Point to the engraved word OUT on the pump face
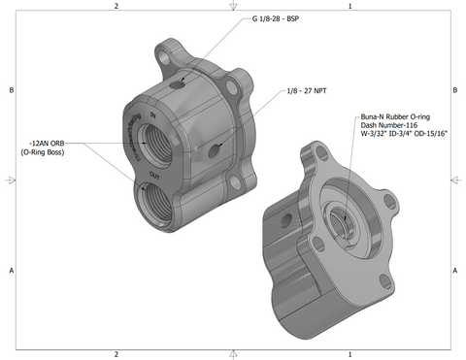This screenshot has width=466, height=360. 154,175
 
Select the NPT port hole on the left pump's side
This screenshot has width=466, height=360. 215,148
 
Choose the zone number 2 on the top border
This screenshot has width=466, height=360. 116,6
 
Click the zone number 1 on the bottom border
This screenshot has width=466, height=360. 349,354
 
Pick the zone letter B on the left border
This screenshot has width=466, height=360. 10,90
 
